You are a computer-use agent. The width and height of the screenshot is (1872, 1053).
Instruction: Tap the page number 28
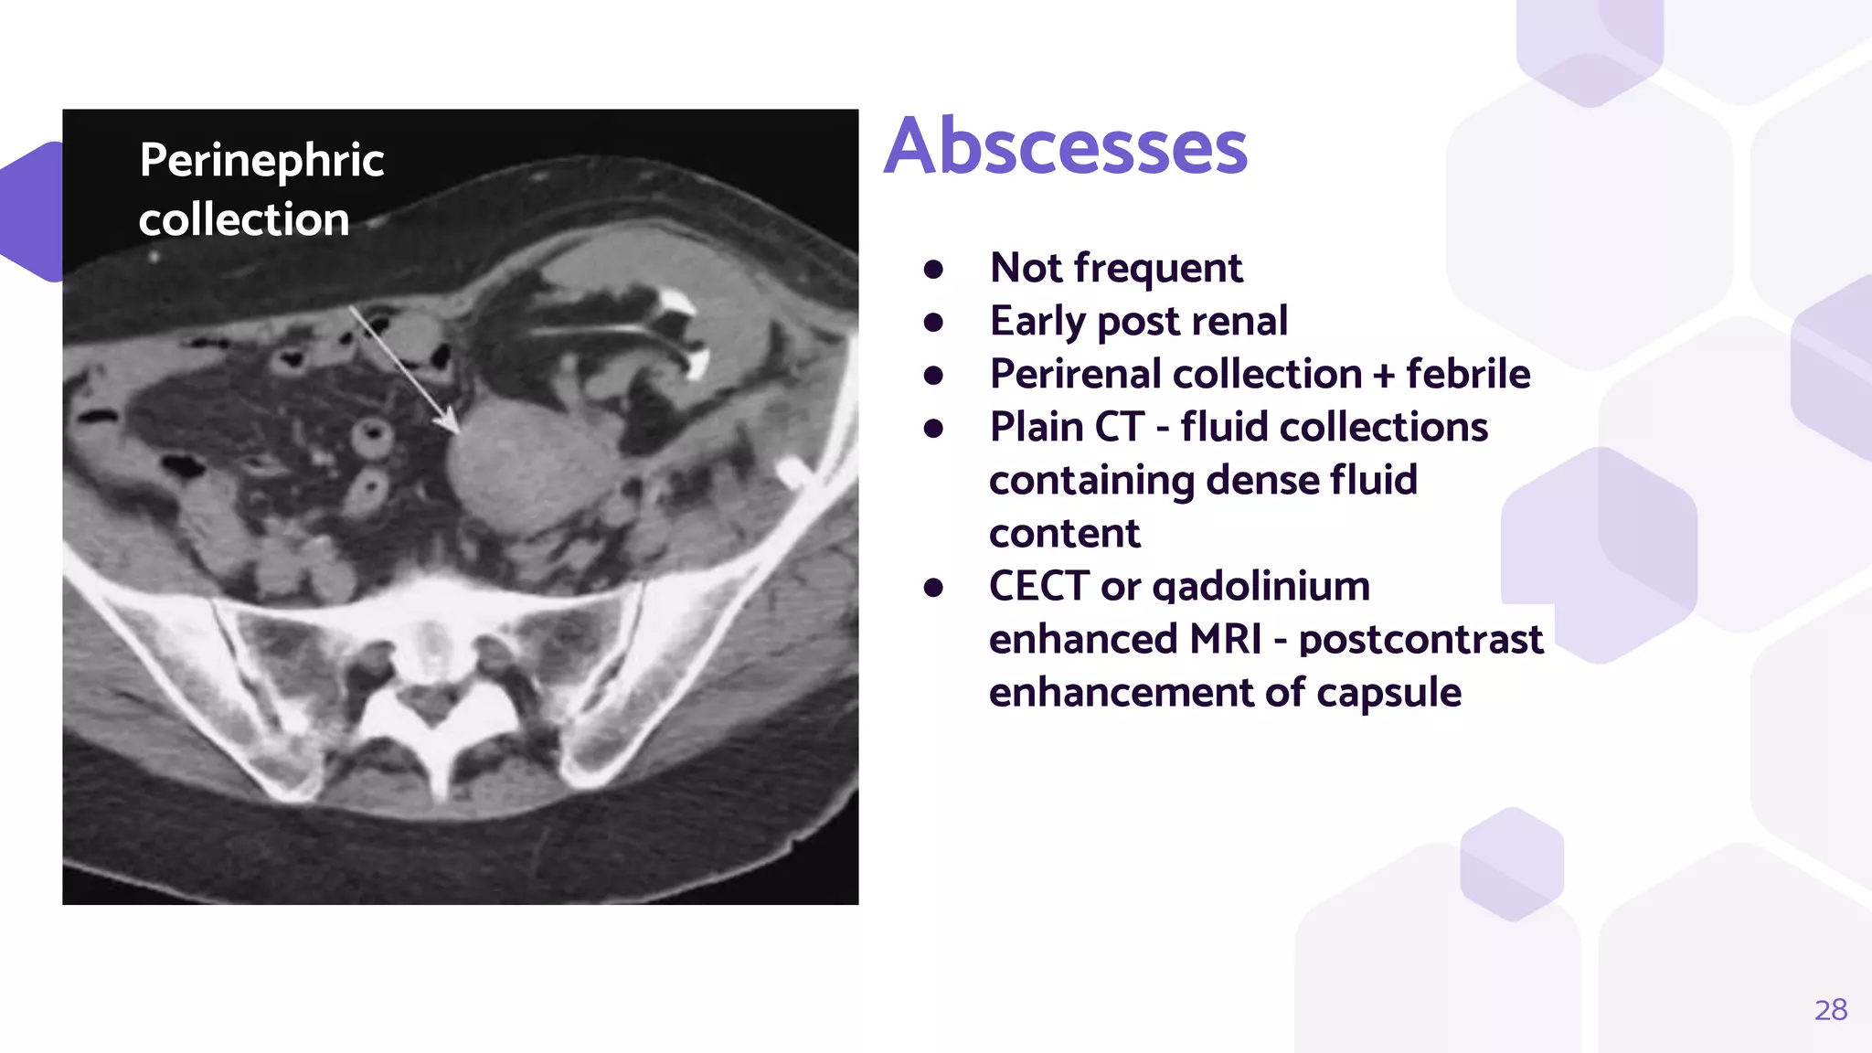pos(1830,1010)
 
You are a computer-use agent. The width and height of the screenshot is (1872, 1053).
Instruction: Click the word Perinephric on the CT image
pos(261,161)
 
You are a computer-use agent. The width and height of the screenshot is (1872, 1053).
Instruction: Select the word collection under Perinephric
pos(244,220)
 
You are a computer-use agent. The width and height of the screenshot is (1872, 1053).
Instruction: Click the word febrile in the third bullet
pos(1468,374)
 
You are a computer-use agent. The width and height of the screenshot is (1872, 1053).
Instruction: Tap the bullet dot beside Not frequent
pos(933,269)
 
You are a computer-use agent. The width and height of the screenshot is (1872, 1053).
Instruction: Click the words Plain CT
pos(1067,427)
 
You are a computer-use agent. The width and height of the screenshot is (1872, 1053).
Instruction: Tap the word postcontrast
pos(1420,640)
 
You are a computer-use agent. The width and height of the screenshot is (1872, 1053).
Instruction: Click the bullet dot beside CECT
pos(933,587)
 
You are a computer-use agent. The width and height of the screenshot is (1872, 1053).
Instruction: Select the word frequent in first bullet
pos(1157,269)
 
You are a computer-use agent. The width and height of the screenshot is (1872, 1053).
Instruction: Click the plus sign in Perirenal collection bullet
pos(1384,375)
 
